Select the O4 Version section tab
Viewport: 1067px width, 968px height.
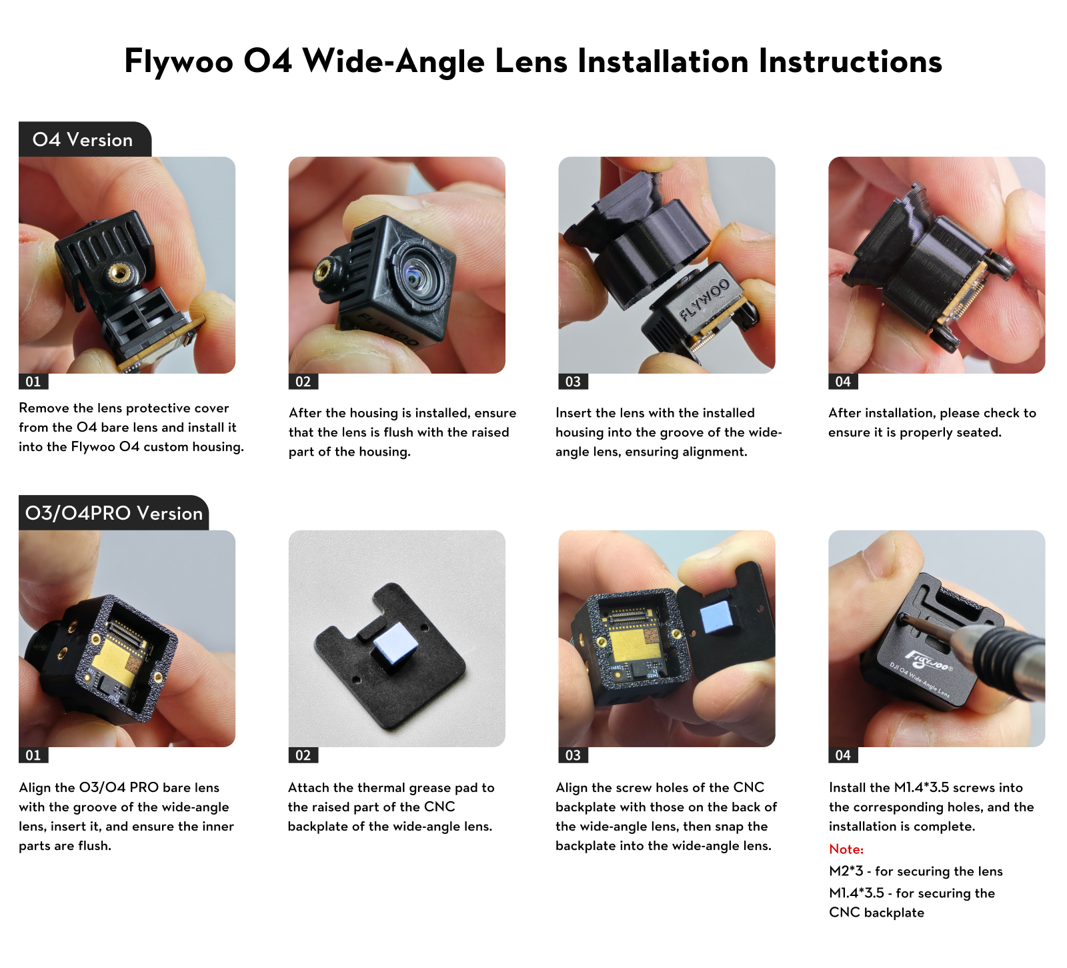click(85, 139)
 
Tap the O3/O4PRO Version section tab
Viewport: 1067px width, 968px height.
click(113, 513)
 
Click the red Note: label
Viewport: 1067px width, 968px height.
click(846, 849)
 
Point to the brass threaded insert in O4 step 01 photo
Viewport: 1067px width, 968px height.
click(120, 272)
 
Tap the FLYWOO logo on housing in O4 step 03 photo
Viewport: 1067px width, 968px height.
click(704, 300)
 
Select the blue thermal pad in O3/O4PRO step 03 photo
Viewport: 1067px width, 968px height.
click(718, 617)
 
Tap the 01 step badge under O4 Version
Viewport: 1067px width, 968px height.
click(33, 382)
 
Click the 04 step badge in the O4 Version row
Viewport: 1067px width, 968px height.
click(843, 382)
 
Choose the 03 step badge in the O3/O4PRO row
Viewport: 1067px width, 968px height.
click(573, 755)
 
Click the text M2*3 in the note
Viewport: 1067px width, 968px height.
click(846, 871)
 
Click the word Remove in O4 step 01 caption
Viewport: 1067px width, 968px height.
click(44, 408)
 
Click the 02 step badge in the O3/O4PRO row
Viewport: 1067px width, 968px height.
click(303, 755)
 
